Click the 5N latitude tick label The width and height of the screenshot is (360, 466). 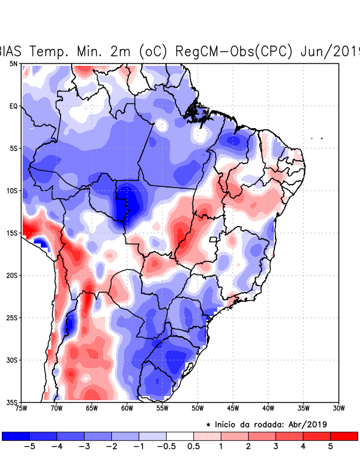13,63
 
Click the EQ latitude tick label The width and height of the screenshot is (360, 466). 13,106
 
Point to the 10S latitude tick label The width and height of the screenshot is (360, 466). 12,190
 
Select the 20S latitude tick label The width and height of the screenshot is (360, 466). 12,275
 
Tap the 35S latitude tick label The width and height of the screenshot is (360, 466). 12,402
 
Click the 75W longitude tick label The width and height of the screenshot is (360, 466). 22,408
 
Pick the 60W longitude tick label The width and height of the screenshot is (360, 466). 127,408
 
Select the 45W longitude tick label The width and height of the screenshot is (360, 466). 232,408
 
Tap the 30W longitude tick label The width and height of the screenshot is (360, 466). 338,408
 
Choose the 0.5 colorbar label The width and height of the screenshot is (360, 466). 194,447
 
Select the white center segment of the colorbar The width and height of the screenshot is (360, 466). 180,436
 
